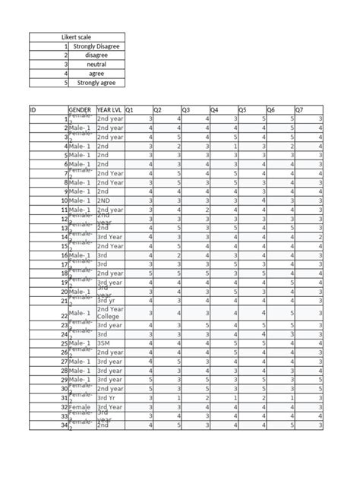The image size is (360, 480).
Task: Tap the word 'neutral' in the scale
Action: click(96, 65)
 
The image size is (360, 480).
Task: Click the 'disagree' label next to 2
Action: click(96, 55)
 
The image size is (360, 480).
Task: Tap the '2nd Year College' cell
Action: click(111, 313)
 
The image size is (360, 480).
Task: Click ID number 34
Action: click(64, 425)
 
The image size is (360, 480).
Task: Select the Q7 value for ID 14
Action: click(321, 237)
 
